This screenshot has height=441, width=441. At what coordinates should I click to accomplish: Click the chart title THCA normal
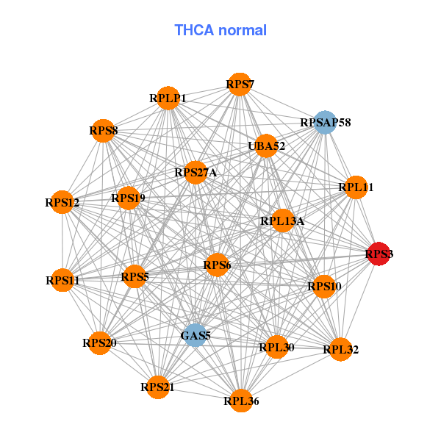point(220,30)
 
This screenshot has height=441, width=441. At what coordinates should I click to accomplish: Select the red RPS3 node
point(379,254)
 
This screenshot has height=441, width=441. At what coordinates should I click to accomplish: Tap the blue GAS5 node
point(195,336)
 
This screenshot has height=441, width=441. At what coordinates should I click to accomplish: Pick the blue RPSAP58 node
point(325,123)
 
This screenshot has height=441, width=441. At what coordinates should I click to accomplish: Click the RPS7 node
point(240,85)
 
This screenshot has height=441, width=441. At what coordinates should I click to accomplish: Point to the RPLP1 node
point(168,98)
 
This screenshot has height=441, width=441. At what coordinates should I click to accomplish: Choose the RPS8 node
point(104,132)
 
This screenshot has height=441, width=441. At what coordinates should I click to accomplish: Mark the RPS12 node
point(62,201)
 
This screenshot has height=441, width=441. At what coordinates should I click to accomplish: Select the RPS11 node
point(62,280)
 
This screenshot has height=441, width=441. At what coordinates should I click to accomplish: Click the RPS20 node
point(100,343)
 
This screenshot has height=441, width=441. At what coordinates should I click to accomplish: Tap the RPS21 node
point(158,387)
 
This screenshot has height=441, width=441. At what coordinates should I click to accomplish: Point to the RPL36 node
point(241,401)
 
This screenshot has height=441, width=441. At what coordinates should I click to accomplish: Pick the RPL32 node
point(340,349)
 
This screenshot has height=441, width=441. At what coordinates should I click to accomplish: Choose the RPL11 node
point(356,187)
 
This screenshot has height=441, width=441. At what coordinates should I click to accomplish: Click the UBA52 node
point(266,146)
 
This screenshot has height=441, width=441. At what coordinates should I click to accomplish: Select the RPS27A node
point(196,173)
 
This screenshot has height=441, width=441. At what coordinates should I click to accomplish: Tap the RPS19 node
point(129,198)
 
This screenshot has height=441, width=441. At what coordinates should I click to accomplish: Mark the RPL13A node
point(283,220)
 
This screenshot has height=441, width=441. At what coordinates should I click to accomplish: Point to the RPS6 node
point(217,265)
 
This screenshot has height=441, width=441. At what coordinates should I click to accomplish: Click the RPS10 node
point(324,286)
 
